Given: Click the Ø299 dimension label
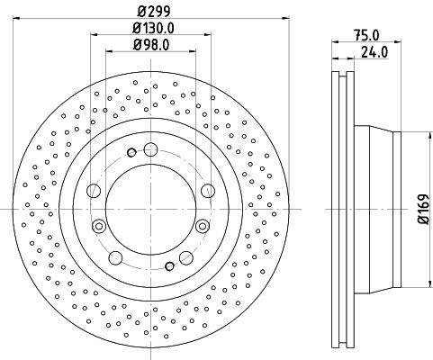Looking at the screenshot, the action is [154, 12].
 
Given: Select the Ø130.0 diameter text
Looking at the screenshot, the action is [154, 28].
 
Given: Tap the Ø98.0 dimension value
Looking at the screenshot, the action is [151, 45].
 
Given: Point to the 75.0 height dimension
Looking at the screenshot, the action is [366, 36].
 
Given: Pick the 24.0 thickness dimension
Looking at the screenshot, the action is [374, 52].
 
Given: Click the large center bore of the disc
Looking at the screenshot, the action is [150, 209].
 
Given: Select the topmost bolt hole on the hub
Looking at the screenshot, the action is [150, 149].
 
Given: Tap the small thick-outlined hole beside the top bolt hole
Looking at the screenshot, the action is [131, 153].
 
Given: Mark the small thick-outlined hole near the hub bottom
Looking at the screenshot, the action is [170, 265].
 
